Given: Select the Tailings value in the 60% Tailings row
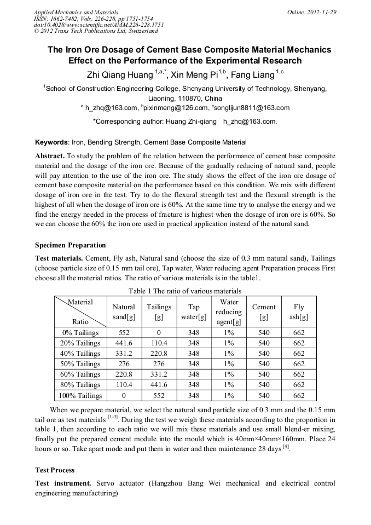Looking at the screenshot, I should pos(159,374).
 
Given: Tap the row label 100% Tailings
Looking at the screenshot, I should pos(80,395).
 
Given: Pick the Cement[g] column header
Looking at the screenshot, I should pos(264,312).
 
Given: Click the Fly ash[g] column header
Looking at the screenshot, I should pos(299,312).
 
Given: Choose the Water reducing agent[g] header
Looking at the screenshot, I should pos(229,312).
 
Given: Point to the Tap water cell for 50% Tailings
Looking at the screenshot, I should pos(194,364).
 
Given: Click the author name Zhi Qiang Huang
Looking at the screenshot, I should pos(120,74).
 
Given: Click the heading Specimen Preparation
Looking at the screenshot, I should pos(71,245).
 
